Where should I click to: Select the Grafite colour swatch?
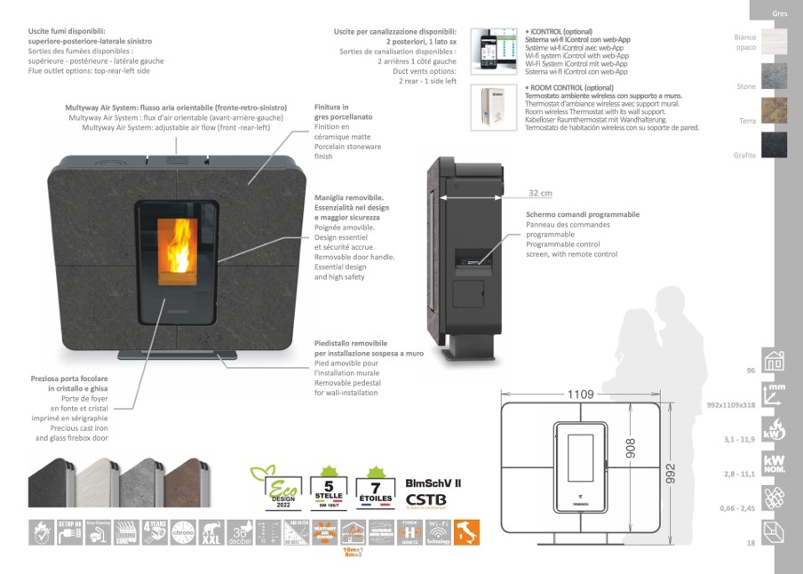pos(773,143)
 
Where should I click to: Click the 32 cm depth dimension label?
pos(540,193)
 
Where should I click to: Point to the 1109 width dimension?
pos(580,395)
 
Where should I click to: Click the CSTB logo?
pos(425,499)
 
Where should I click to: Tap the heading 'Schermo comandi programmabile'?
pos(583,214)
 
